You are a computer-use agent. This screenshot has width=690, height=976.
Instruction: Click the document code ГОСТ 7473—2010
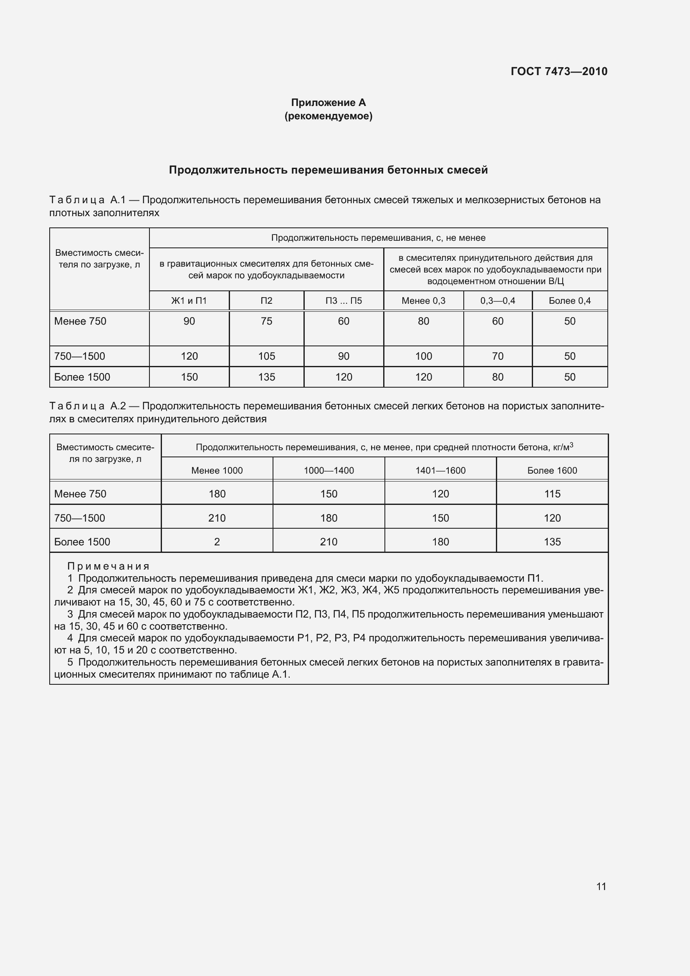click(x=559, y=71)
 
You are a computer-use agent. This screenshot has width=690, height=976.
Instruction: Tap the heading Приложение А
click(x=328, y=103)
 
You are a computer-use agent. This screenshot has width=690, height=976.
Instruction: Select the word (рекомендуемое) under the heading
click(x=328, y=116)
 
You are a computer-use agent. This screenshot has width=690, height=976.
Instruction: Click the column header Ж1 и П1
click(x=189, y=301)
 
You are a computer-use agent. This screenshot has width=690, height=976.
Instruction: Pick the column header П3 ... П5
click(x=344, y=301)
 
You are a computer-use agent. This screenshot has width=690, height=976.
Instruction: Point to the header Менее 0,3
click(x=423, y=301)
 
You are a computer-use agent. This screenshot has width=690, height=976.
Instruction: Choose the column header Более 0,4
click(x=570, y=301)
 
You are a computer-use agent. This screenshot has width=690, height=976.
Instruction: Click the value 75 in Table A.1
click(x=267, y=321)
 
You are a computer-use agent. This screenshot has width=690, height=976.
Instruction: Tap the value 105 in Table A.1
click(x=267, y=356)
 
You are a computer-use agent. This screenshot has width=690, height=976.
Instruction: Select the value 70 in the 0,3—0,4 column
click(x=498, y=356)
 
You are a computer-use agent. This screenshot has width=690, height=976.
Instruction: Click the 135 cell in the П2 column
click(x=267, y=377)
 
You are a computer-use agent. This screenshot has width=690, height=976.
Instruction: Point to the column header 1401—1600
click(x=440, y=471)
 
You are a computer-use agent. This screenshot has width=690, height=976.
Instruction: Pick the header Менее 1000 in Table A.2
click(x=217, y=471)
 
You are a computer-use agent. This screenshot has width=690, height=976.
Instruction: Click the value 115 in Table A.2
click(x=552, y=494)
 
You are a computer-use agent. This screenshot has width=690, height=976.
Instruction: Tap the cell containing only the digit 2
click(x=217, y=542)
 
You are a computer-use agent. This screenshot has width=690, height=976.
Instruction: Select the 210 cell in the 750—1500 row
click(x=217, y=518)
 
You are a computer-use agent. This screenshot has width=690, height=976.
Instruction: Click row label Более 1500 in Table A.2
click(x=82, y=542)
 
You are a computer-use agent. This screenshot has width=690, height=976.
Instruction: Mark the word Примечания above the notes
click(x=109, y=566)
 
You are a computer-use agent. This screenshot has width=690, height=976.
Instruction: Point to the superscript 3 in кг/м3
click(x=571, y=445)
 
